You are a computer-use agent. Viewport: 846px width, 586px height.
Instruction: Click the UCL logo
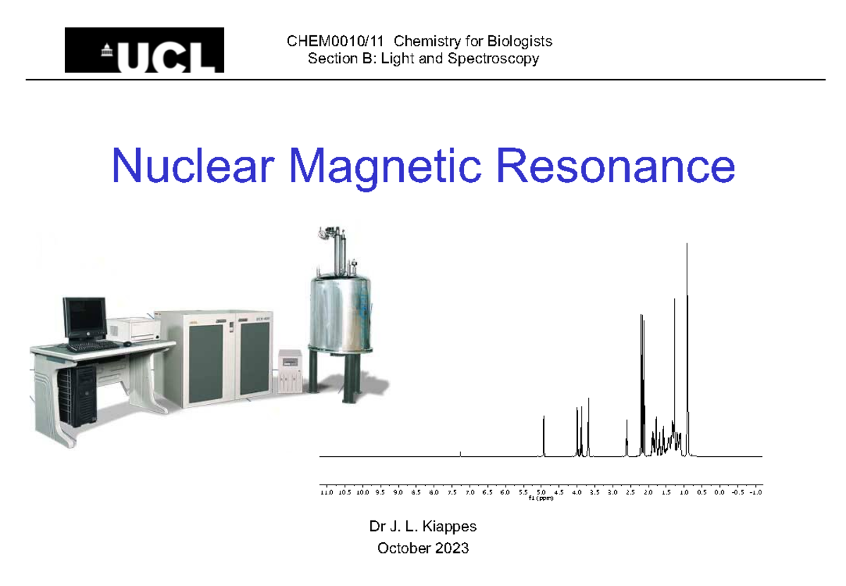tap(145, 50)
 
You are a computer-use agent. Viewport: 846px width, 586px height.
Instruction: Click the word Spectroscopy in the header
tap(499, 59)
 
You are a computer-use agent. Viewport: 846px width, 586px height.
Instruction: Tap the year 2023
tap(451, 548)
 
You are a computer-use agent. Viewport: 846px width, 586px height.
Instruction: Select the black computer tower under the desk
tap(77, 395)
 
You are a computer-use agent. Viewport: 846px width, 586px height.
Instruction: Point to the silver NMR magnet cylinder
tap(342, 310)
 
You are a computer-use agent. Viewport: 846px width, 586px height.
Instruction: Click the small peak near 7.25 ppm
tap(460, 454)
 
